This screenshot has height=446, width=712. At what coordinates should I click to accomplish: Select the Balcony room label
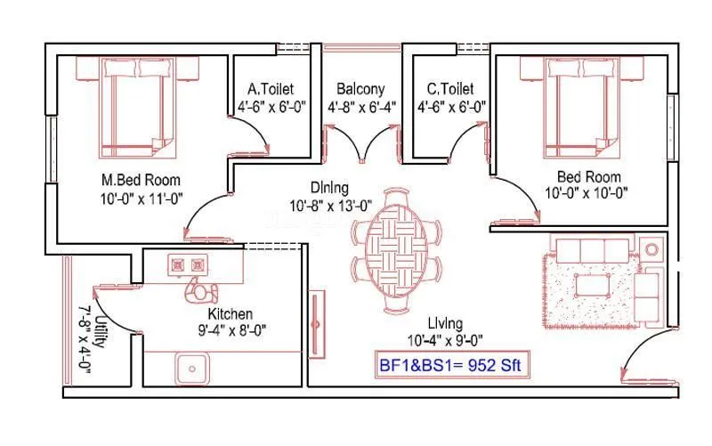click(360, 89)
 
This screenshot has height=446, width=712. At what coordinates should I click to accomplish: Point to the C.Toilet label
click(450, 89)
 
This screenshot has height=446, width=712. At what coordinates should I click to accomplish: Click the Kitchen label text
click(231, 314)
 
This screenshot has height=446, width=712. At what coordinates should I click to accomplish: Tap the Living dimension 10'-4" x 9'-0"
click(445, 340)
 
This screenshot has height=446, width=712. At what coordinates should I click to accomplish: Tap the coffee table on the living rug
click(591, 285)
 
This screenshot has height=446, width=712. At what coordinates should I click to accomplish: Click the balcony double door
click(361, 143)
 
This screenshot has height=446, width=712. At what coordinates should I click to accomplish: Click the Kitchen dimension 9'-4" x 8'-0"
click(231, 330)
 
